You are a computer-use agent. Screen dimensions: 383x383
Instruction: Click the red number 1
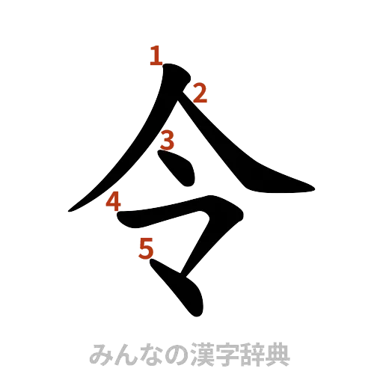[x=156, y=55]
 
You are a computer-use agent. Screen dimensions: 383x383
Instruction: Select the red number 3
[x=168, y=140]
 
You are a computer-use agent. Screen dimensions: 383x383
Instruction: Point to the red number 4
[x=113, y=202]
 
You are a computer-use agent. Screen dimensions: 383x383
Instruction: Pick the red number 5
[x=146, y=248]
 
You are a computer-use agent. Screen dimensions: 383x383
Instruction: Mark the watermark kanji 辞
[x=245, y=354]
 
